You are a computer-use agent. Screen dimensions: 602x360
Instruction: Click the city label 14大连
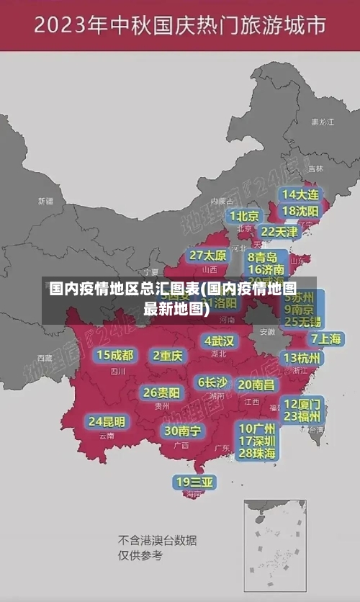301,194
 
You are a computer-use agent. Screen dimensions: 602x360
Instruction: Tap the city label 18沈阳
301,211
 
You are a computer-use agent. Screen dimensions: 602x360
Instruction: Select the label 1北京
245,216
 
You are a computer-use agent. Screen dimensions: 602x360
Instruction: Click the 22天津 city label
279,232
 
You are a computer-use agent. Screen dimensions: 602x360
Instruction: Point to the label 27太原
208,256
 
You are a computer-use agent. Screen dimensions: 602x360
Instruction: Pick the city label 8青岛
263,257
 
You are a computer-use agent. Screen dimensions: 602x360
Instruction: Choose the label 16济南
266,270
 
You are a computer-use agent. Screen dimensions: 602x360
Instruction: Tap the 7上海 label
325,338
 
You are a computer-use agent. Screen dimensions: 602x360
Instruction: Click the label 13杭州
302,358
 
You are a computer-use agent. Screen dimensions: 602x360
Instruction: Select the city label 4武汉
220,341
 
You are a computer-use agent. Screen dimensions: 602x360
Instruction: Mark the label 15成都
115,355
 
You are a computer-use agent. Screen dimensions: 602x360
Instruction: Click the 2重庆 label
168,356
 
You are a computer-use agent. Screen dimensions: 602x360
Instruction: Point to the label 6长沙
213,382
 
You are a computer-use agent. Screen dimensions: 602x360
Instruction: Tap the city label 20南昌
256,385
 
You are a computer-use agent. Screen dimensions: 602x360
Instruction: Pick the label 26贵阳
161,393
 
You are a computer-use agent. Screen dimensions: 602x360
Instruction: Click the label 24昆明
107,421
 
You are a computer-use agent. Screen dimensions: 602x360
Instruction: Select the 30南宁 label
183,431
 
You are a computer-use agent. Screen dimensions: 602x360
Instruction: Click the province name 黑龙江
322,122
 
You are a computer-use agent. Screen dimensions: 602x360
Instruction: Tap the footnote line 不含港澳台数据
157,540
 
